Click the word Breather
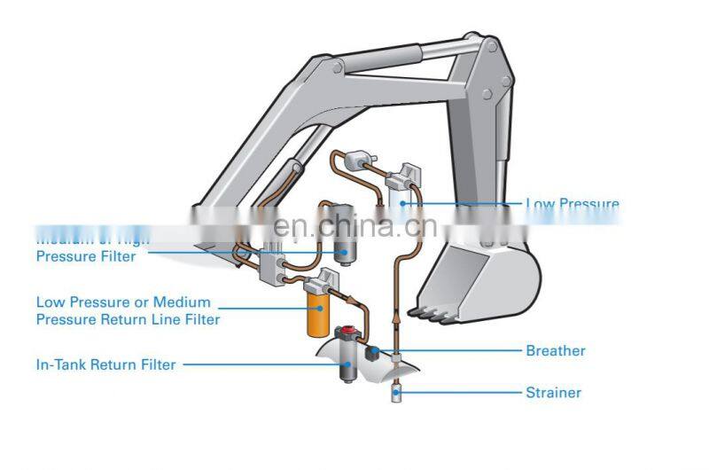pos(555,350)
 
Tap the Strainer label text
pos(553,392)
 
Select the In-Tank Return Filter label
pos(105,364)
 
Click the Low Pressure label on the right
pos(572,204)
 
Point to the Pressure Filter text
pos(86,256)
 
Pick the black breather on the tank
pos(372,352)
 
